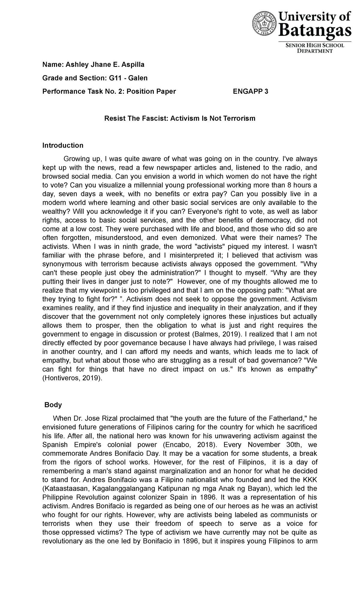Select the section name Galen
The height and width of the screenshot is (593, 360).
click(138, 78)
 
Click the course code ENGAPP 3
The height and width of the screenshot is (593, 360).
click(250, 92)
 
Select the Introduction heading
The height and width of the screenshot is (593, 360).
click(63, 146)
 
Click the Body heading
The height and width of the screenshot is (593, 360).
click(53, 405)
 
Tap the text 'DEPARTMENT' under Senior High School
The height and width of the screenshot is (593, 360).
click(315, 51)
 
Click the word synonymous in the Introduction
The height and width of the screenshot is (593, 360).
click(62, 264)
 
